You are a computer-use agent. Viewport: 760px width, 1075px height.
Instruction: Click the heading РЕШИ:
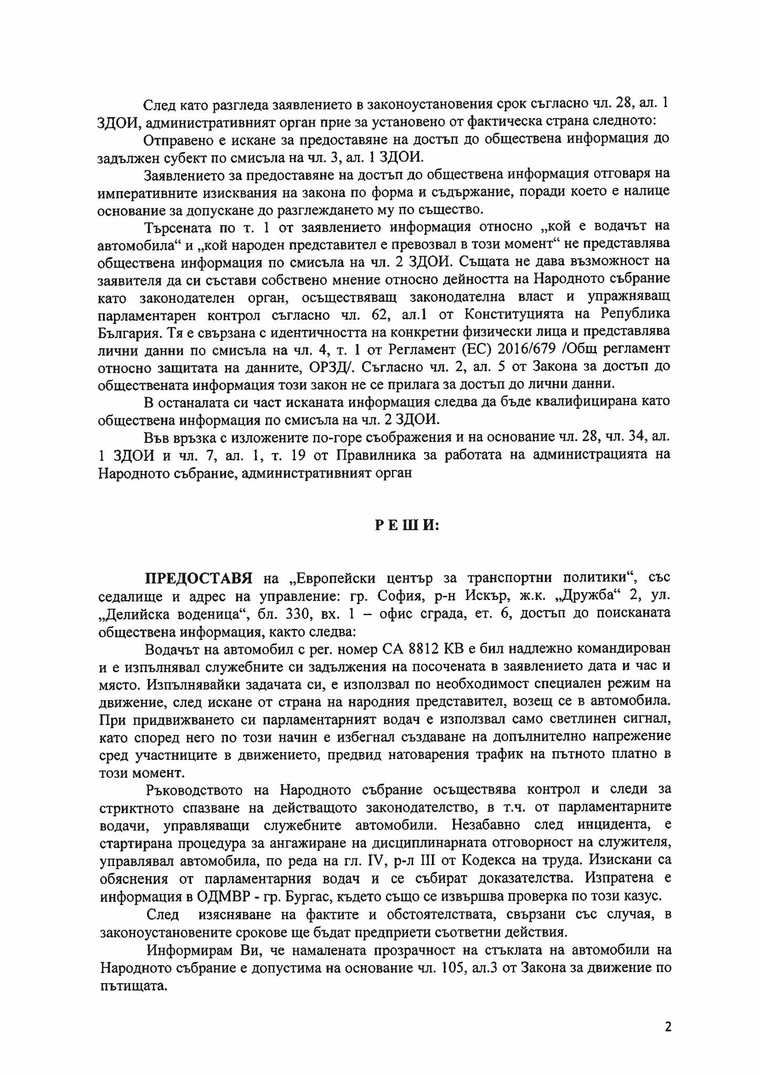pyautogui.click(x=407, y=525)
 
